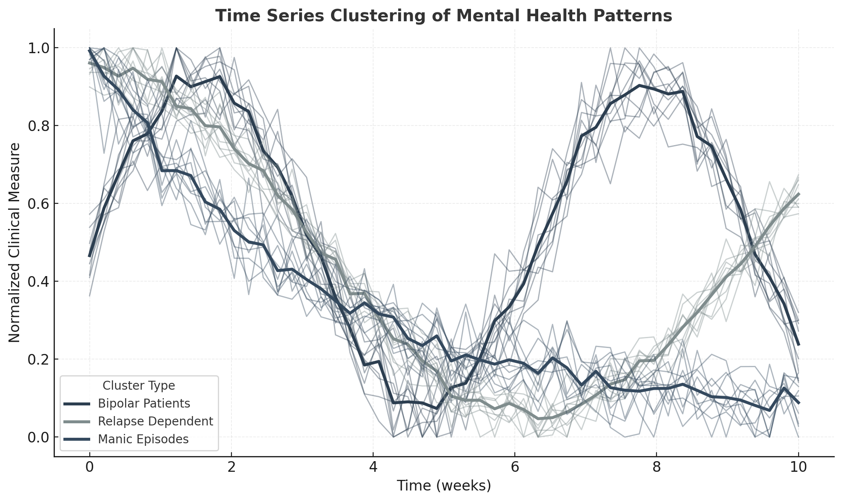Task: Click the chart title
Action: tap(443, 16)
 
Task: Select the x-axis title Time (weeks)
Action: tap(444, 485)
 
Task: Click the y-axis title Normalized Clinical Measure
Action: tap(14, 242)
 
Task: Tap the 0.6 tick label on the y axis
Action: tap(38, 204)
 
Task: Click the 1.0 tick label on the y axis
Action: tap(38, 48)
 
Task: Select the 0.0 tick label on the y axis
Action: tap(38, 437)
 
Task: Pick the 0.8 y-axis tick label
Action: tap(38, 126)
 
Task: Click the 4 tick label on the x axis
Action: tap(373, 467)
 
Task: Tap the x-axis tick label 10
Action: tap(798, 467)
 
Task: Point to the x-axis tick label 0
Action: tap(89, 467)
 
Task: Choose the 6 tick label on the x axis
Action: tap(515, 467)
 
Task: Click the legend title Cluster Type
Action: tap(139, 386)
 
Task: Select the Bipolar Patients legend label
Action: tap(144, 403)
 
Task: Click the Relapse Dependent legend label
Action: tap(155, 421)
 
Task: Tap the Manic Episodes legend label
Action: tap(143, 439)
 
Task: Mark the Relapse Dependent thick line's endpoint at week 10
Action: tap(798, 194)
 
